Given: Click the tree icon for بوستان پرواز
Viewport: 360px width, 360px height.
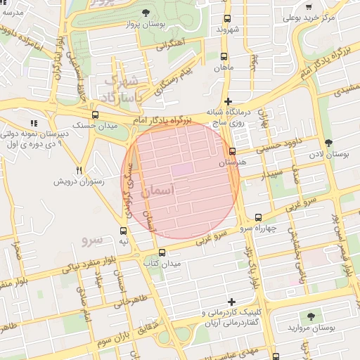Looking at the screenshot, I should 146,13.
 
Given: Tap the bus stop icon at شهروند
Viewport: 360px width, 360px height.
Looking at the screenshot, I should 226,19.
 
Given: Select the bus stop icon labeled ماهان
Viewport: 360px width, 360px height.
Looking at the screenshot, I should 224,57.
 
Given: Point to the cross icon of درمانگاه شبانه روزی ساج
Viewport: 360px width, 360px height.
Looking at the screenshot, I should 228,101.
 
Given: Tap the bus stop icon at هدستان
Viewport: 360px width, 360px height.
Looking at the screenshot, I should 233,151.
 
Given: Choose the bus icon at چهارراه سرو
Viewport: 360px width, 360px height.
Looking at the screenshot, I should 258,217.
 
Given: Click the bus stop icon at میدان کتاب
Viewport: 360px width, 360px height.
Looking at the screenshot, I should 162,252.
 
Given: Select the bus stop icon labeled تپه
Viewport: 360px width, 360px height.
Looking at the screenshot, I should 124,231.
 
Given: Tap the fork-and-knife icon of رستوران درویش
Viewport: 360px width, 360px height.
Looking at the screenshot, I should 79,170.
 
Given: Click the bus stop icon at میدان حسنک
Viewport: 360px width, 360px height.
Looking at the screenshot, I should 95,115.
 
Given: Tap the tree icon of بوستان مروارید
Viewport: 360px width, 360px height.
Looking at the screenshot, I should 311,317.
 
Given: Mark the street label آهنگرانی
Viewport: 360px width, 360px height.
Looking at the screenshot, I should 171,45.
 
